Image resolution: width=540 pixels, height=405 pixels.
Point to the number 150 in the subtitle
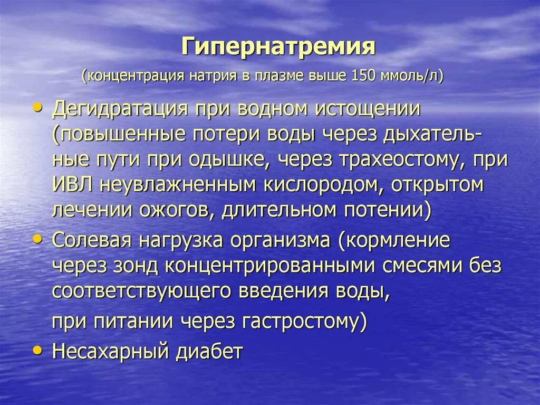(362, 76)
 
